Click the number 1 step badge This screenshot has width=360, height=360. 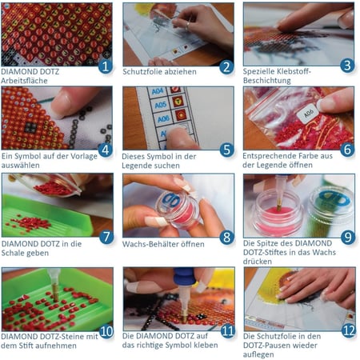106,66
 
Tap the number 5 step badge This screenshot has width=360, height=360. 226,150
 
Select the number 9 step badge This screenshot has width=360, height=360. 348,237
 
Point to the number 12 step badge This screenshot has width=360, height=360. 349,331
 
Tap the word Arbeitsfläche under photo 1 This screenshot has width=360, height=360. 24,81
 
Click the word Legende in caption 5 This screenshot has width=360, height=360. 136,166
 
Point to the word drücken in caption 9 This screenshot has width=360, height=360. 258,262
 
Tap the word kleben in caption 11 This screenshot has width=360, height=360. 206,345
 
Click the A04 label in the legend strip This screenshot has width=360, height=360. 158,92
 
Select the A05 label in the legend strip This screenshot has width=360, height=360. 161,105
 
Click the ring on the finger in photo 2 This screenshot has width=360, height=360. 188,26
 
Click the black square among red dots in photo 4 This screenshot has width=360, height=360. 30,128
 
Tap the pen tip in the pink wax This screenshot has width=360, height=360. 278,206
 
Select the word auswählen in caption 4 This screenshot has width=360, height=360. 21,166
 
